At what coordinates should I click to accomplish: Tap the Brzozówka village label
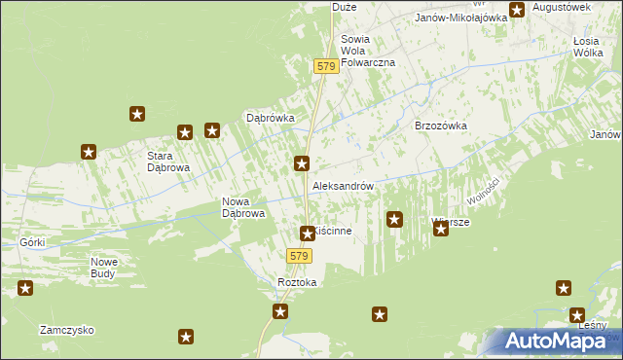441,126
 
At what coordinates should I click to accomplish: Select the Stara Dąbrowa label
167,162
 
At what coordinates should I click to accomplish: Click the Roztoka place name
297,282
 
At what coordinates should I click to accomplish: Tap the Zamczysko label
66,330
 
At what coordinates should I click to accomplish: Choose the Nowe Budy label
104,268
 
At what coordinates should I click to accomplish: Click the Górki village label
32,240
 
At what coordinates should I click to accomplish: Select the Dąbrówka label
270,119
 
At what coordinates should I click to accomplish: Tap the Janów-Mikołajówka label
461,18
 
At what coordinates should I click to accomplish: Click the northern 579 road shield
326,66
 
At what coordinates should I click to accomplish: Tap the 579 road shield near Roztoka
299,256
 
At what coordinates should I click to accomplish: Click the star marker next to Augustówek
517,10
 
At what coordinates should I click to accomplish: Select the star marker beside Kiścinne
308,233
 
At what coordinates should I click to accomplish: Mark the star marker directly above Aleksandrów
303,163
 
